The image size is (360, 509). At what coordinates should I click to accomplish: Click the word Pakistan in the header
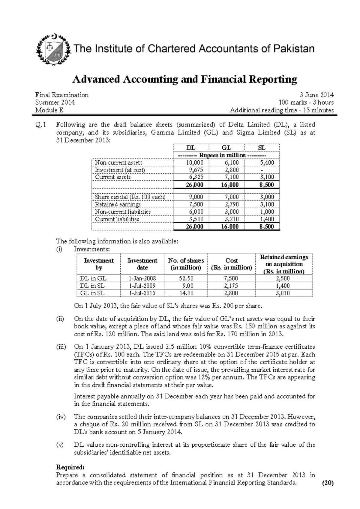point(293,49)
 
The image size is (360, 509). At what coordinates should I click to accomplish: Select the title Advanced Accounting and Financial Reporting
point(184,79)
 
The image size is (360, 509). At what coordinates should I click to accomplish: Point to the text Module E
point(49,110)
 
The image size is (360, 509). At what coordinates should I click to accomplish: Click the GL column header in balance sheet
point(226,148)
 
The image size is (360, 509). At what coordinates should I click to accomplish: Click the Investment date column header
point(142,264)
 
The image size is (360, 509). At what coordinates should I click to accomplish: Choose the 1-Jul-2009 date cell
point(142,286)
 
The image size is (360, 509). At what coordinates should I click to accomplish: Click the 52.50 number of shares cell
point(186,278)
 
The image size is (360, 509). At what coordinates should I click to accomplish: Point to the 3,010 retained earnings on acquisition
point(283,293)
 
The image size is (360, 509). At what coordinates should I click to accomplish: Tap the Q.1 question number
point(40,125)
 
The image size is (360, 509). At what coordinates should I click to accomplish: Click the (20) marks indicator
point(327,483)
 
